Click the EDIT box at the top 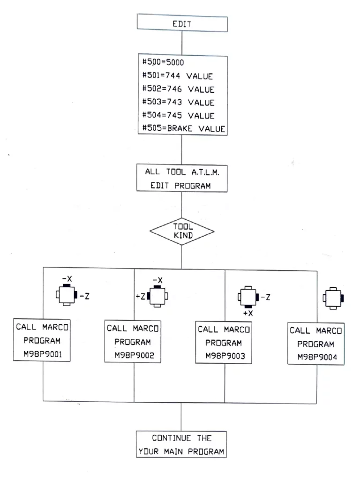182,24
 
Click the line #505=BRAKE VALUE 182,128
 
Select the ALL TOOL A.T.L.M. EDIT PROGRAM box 182,178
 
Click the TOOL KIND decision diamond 181,231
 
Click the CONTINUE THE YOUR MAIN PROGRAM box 182,445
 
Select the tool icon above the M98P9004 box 333,298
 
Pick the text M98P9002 134,355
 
